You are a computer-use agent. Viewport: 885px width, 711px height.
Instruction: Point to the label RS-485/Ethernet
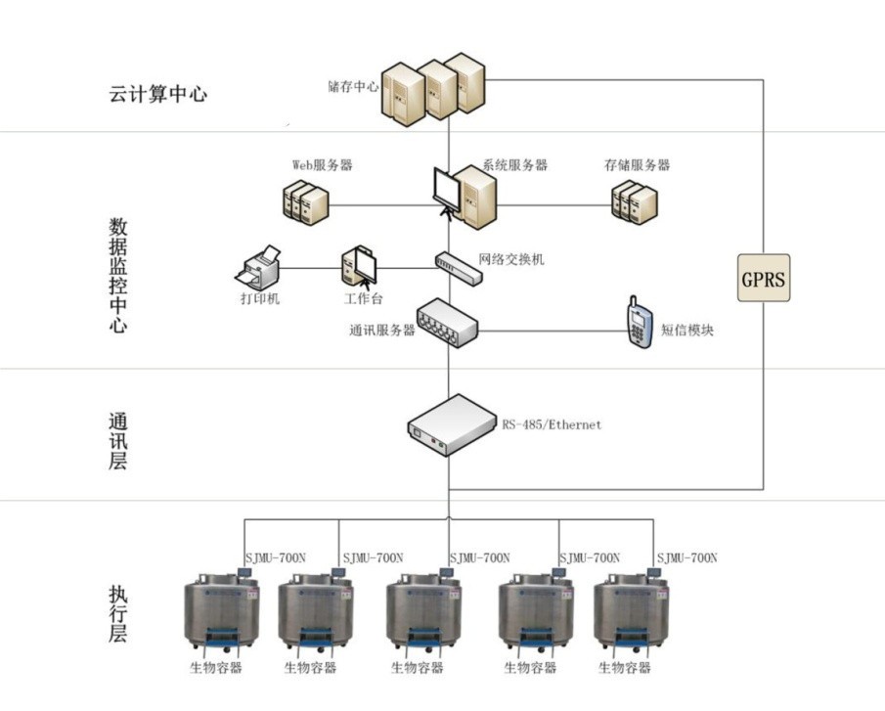point(552,425)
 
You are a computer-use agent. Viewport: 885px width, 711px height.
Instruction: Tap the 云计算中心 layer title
point(158,95)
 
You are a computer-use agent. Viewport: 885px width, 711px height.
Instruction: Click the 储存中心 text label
point(353,86)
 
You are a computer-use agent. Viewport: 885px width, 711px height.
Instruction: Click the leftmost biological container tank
point(222,615)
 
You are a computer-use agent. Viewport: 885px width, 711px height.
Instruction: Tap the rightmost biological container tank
point(631,615)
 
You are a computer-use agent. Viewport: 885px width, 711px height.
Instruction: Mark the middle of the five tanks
point(423,615)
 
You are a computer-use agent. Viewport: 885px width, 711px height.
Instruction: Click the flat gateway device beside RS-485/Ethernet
point(452,425)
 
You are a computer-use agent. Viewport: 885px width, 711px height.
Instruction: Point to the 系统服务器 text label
point(514,165)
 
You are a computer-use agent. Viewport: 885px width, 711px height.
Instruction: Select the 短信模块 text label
point(686,331)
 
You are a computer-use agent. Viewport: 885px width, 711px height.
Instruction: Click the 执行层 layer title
point(118,613)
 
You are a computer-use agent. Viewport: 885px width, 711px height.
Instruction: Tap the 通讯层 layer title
point(118,441)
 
